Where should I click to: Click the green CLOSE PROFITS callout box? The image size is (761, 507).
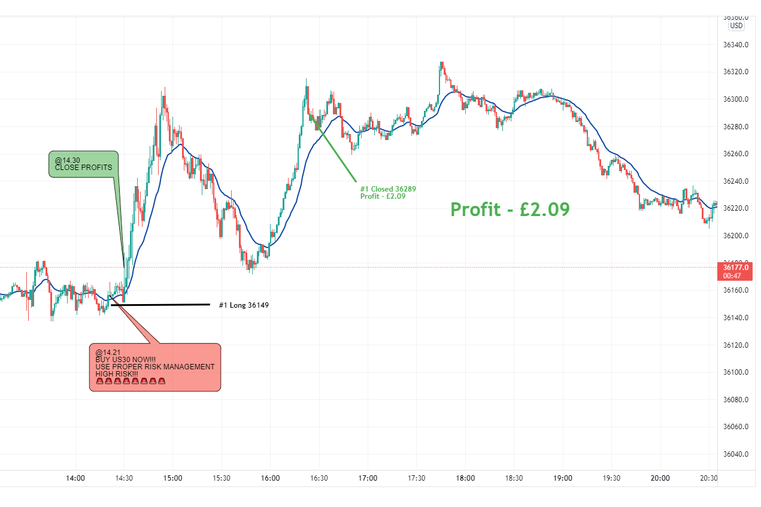83,164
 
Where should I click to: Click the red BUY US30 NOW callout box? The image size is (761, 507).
155,368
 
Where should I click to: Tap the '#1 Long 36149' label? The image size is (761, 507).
243,305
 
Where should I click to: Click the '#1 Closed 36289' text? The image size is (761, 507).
388,189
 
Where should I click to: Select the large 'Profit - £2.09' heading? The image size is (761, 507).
510,210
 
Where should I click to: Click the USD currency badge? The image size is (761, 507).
736,26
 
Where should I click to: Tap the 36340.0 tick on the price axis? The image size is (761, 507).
736,45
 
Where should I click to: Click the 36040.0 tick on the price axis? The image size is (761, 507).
736,454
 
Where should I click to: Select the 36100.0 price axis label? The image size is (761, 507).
736,372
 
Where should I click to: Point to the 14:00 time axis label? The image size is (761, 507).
75,478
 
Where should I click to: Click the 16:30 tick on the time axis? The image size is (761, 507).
319,478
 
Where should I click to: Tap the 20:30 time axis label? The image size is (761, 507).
709,478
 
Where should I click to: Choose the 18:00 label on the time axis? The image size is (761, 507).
465,478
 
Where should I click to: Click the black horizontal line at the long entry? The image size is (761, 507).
162,305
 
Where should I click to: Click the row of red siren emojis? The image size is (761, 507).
130,381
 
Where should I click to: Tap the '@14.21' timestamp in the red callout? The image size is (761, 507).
104,353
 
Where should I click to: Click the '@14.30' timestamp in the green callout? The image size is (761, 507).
68,160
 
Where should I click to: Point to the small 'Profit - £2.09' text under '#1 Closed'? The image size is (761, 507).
383,196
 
